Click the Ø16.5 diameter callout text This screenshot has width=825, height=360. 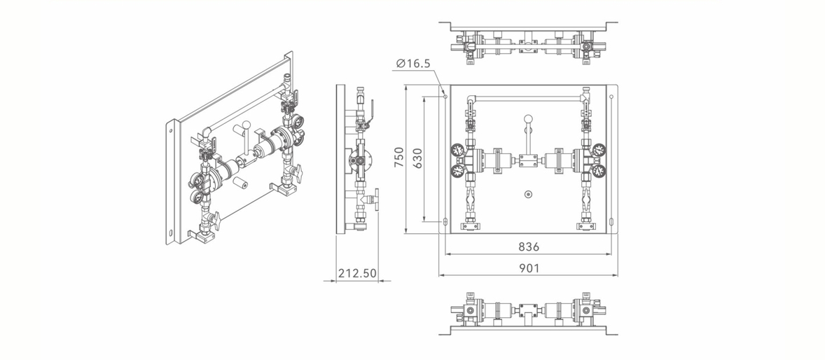point(413,64)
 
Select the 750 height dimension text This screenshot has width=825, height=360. point(398,158)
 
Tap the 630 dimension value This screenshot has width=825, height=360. point(417,158)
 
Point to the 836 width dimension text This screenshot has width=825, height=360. point(529,247)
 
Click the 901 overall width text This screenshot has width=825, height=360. point(529,268)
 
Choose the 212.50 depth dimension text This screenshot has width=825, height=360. point(357,273)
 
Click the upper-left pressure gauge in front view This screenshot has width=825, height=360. point(458,150)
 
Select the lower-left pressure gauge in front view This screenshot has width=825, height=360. point(458,170)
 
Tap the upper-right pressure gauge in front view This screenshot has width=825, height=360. point(599,150)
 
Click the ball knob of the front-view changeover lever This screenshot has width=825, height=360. point(528,119)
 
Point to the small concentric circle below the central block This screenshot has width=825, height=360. point(528,194)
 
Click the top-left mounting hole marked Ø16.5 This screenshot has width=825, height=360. point(445,97)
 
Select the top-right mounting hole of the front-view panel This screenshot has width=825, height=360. point(611,97)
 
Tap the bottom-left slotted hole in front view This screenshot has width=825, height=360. point(445,221)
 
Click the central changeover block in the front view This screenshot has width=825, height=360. point(528,160)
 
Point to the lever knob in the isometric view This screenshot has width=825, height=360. point(246,126)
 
